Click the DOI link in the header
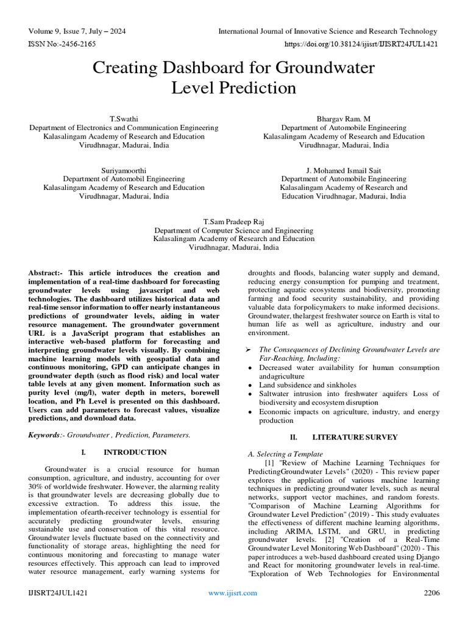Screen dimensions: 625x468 (361, 44)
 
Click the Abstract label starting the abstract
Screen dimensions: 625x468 (46, 273)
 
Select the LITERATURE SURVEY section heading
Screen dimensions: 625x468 (355, 437)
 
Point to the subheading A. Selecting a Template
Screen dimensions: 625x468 (285, 454)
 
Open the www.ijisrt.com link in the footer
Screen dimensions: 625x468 (233, 593)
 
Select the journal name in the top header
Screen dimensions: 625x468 (328, 31)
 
